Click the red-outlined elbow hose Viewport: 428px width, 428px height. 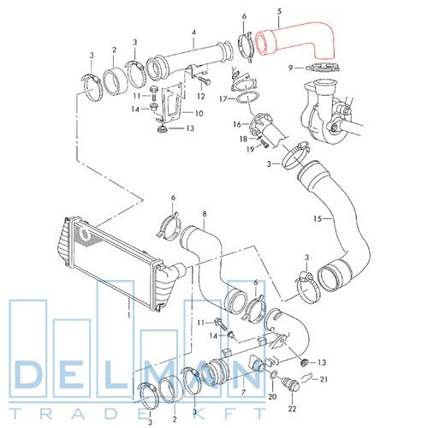[297, 40]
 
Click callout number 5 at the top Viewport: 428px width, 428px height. [279, 12]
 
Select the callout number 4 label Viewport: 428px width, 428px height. [193, 33]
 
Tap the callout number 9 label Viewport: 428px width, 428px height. [291, 68]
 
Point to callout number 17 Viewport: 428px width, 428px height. [223, 99]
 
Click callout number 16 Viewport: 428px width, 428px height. [237, 124]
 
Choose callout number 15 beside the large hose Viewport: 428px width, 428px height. [318, 219]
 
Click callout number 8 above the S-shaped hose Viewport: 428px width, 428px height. [205, 214]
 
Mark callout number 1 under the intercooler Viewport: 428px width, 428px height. [128, 315]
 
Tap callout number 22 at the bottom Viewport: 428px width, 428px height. [293, 408]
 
